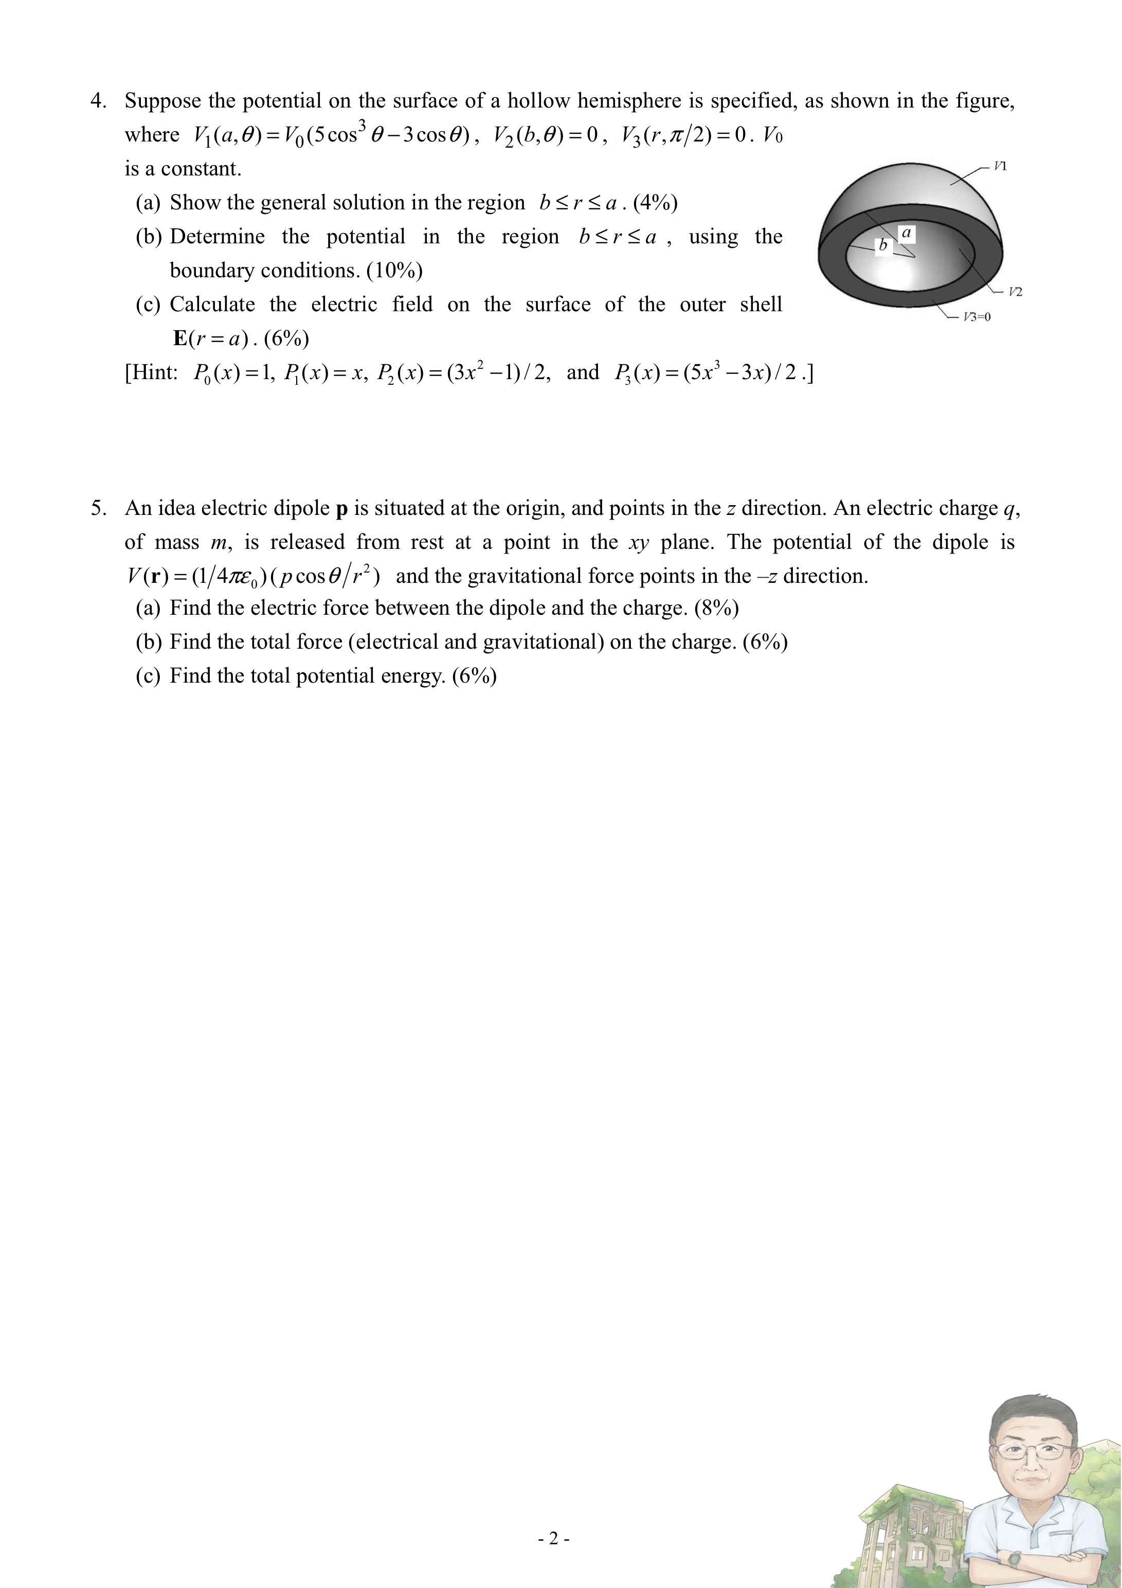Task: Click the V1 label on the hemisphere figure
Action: (1000, 166)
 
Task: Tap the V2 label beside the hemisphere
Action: (1015, 291)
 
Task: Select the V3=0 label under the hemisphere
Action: (977, 317)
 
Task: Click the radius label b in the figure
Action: (882, 245)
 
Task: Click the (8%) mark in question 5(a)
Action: (717, 608)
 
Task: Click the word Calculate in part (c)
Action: (212, 305)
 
